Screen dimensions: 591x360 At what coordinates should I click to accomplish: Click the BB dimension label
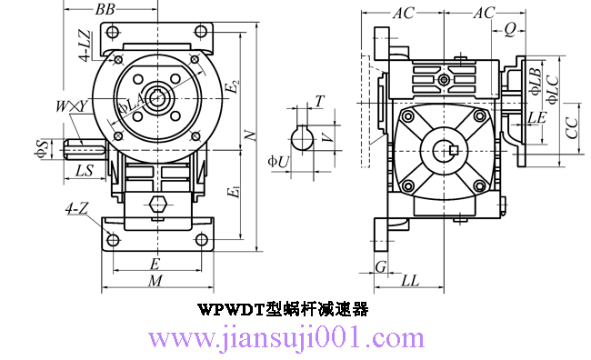pyautogui.click(x=105, y=9)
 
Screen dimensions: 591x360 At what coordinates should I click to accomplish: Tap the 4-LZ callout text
pyautogui.click(x=85, y=45)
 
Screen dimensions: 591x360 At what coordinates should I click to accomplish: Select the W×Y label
pyautogui.click(x=71, y=106)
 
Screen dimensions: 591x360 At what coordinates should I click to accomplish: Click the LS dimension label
pyautogui.click(x=85, y=171)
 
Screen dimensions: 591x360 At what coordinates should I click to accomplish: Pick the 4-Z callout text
pyautogui.click(x=76, y=209)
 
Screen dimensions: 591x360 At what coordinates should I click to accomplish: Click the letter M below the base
pyautogui.click(x=155, y=281)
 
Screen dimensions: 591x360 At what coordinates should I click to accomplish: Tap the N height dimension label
pyautogui.click(x=250, y=135)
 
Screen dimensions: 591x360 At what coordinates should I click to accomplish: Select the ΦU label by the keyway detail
pyautogui.click(x=278, y=162)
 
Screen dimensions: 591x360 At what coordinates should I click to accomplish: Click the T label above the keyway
pyautogui.click(x=319, y=101)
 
